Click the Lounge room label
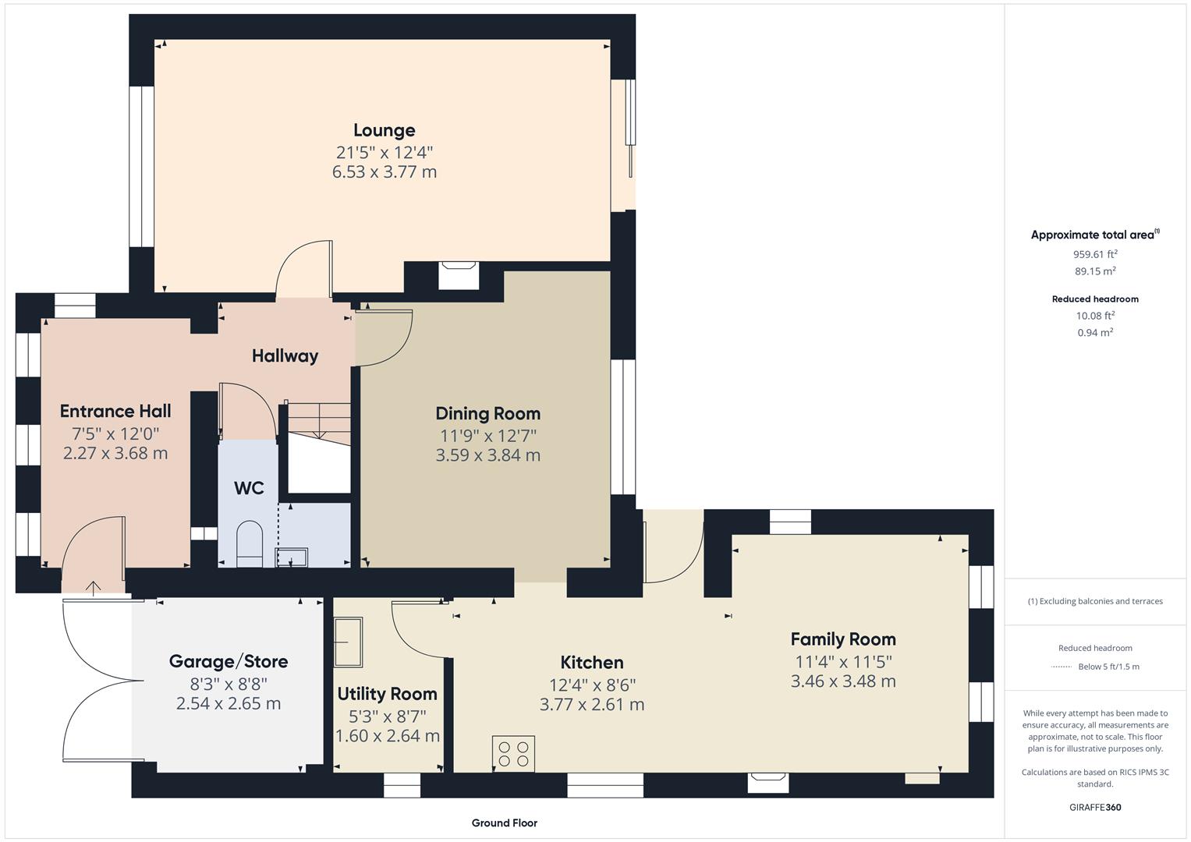384,130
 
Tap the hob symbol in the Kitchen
513,753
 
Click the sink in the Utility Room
347,642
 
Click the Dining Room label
487,413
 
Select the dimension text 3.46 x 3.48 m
842,681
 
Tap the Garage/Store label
229,661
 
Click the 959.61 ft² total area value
1094,254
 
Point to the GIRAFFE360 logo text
1094,807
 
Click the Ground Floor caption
504,823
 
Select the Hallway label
285,356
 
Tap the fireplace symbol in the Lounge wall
459,274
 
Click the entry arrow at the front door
94,588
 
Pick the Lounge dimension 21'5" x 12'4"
384,151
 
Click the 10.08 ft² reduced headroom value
1094,315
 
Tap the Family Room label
842,639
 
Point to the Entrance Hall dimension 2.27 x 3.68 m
115,453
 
